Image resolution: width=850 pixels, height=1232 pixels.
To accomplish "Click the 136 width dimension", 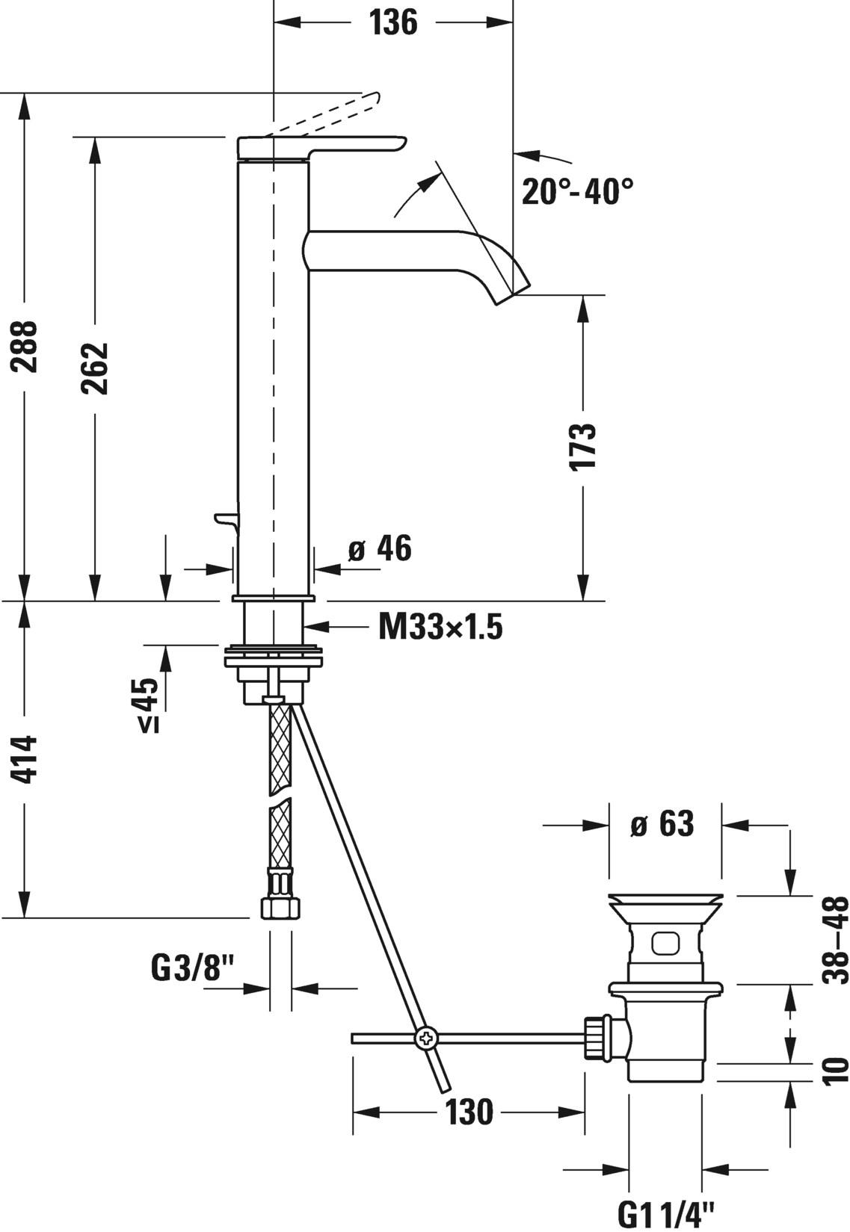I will tap(393, 22).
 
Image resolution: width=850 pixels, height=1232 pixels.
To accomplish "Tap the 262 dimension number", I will tap(95, 368).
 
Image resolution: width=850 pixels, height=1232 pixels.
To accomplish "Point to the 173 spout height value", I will tap(582, 446).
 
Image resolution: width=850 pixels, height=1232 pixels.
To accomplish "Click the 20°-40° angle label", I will tap(577, 192).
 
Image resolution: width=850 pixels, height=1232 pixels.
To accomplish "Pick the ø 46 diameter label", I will tap(380, 549).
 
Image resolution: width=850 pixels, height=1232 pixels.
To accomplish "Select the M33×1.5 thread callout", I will tap(440, 627).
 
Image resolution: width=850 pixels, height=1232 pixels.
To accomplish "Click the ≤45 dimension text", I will tap(147, 705).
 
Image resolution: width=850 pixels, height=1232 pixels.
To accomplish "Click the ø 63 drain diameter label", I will tap(662, 825).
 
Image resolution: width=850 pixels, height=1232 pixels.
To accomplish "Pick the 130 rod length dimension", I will tap(469, 1112).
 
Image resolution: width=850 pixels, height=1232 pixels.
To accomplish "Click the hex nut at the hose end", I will tap(280, 908).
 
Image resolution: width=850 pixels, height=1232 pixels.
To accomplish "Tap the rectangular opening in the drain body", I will tap(665, 944).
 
